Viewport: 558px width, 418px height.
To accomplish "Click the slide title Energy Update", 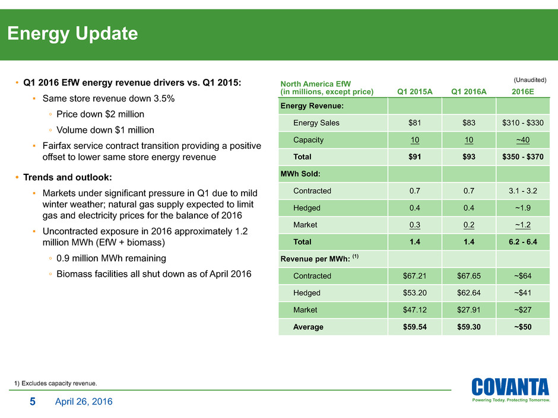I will click(72, 34).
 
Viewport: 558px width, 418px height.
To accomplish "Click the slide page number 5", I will click(33, 402).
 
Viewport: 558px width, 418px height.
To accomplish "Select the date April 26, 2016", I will click(83, 402).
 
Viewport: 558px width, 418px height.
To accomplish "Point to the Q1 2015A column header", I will click(414, 91).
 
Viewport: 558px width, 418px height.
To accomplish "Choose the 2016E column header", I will click(522, 91).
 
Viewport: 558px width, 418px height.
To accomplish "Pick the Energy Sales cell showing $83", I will click(468, 123).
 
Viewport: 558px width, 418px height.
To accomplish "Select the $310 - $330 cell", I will click(522, 123).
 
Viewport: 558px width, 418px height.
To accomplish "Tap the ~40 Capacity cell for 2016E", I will click(522, 141).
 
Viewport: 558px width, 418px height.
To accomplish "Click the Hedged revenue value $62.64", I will click(468, 292).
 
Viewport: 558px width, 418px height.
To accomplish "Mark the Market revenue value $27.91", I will click(468, 309).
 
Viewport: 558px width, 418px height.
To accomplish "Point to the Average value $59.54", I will click(414, 327).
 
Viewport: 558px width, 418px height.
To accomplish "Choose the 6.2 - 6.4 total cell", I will click(522, 242).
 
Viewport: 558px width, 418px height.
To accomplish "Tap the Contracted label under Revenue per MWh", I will click(312, 276).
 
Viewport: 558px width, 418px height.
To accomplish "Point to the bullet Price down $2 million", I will click(100, 114).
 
